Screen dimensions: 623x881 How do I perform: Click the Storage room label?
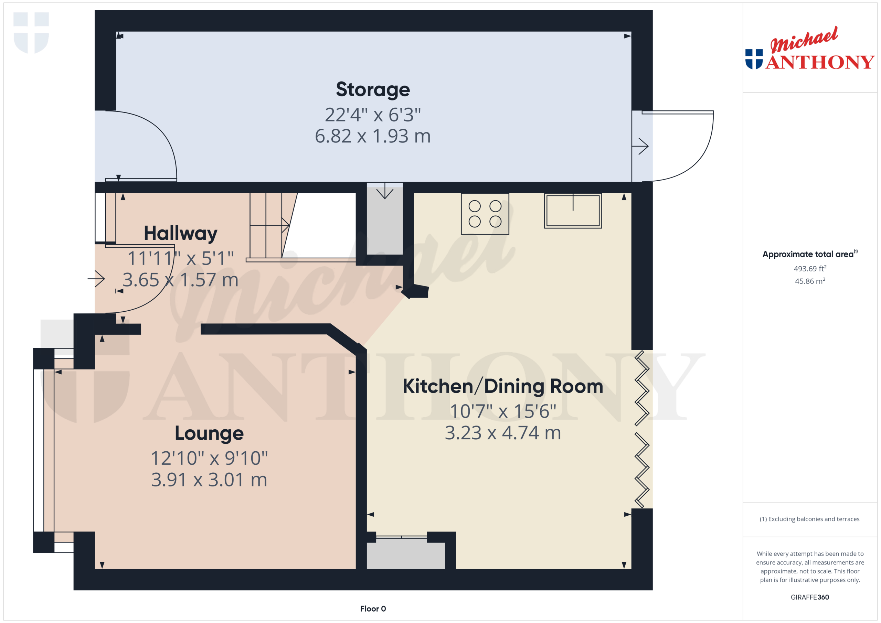pyautogui.click(x=373, y=89)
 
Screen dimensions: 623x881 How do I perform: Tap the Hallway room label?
pyautogui.click(x=180, y=233)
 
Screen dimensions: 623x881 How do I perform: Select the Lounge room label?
pyautogui.click(x=209, y=433)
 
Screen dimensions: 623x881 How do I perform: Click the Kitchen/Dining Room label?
pyautogui.click(x=503, y=386)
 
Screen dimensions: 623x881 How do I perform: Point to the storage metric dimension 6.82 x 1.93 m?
pyautogui.click(x=373, y=136)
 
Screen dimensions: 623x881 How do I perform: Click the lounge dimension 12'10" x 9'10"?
pyautogui.click(x=209, y=458)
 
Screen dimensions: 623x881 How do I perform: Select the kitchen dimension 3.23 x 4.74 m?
pyautogui.click(x=503, y=433)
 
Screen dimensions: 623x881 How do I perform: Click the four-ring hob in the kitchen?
pyautogui.click(x=485, y=214)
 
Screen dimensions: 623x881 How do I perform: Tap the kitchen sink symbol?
pyautogui.click(x=573, y=211)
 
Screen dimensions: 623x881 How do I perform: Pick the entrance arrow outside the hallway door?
pyautogui.click(x=96, y=279)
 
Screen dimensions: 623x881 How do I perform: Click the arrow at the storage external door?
pyautogui.click(x=640, y=146)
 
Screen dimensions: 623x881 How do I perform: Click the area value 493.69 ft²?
pyautogui.click(x=810, y=269)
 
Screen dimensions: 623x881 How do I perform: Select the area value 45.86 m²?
pyautogui.click(x=810, y=281)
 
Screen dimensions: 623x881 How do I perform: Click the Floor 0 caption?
pyautogui.click(x=373, y=609)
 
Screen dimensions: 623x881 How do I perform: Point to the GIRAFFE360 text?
pyautogui.click(x=810, y=597)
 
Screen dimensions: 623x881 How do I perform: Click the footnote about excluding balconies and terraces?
pyautogui.click(x=810, y=519)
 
